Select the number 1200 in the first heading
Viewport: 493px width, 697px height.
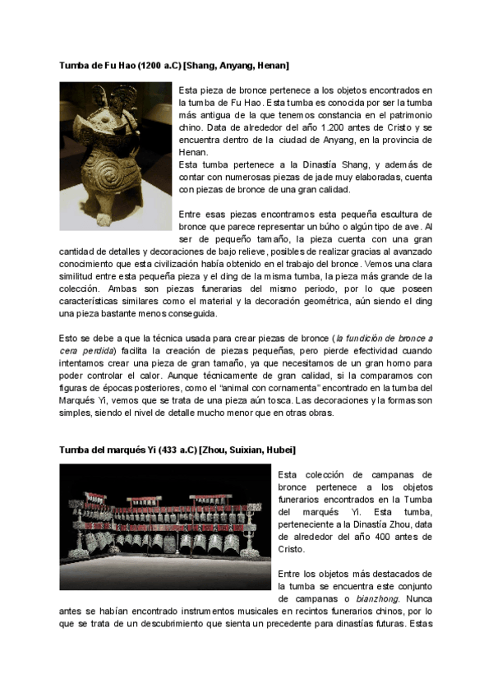[x=154, y=64]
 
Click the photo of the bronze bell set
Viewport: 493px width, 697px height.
[x=164, y=527]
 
